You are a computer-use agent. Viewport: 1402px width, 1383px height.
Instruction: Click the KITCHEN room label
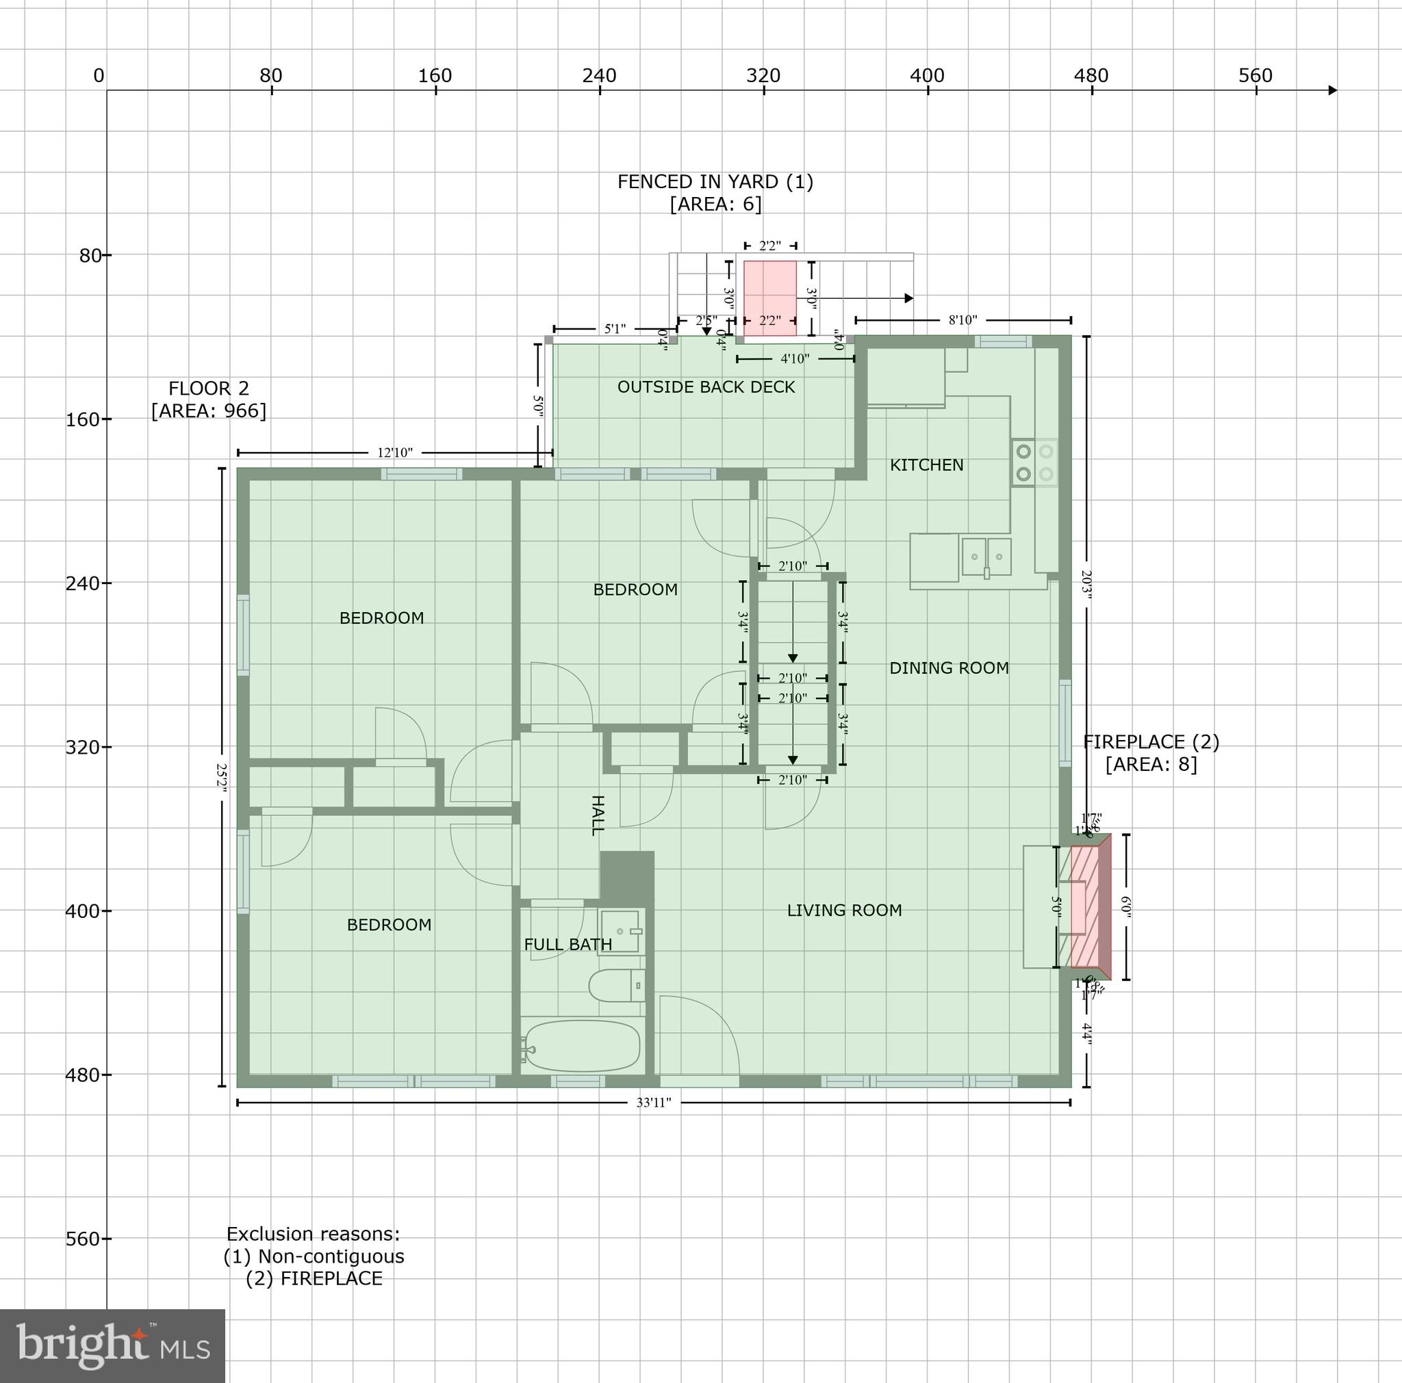(x=927, y=465)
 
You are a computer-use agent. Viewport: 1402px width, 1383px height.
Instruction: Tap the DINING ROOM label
(x=948, y=668)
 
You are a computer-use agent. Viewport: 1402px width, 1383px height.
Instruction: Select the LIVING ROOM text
(x=844, y=910)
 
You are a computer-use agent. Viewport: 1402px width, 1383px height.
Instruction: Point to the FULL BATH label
(x=568, y=945)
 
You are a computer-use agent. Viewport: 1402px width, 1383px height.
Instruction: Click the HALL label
(x=597, y=815)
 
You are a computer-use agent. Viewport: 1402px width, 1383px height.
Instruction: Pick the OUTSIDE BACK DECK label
(x=705, y=387)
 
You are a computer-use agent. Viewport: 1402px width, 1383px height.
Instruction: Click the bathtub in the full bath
(x=581, y=1045)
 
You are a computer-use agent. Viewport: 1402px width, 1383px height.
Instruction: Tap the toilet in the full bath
(x=616, y=986)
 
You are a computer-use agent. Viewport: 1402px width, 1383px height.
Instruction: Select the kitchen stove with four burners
(x=1034, y=462)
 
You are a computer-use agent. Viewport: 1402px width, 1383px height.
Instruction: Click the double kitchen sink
(x=986, y=557)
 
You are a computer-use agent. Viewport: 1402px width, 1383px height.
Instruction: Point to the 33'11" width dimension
(x=653, y=1103)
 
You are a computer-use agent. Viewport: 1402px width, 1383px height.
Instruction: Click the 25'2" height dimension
(x=222, y=776)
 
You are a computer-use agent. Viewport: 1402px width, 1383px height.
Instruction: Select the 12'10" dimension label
(x=395, y=453)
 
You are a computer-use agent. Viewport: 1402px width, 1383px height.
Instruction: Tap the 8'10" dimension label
(x=963, y=320)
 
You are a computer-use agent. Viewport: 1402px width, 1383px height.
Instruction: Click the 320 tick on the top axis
(x=763, y=76)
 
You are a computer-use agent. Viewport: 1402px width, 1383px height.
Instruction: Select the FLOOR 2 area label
(x=209, y=399)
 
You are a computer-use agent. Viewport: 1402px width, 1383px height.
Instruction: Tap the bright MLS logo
(x=112, y=1346)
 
